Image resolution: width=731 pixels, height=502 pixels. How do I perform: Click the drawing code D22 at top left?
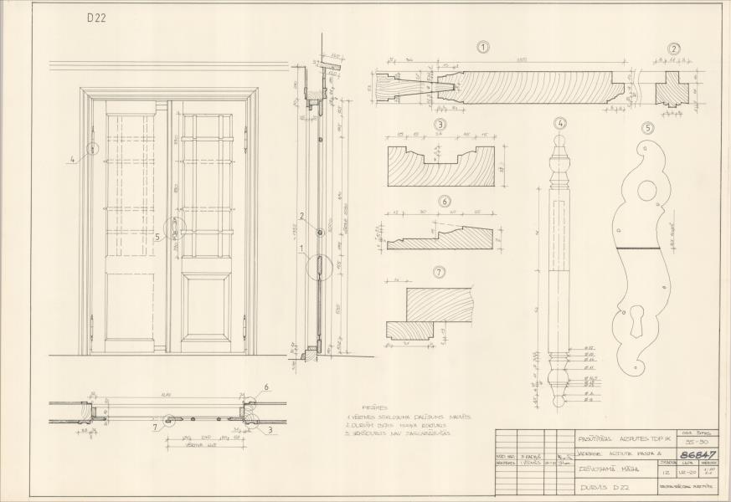click(x=96, y=17)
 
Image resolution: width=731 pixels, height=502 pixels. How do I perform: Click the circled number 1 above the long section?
click(x=483, y=48)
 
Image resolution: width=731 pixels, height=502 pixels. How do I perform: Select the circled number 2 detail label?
click(x=674, y=49)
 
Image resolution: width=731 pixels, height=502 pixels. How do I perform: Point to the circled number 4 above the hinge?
click(x=560, y=124)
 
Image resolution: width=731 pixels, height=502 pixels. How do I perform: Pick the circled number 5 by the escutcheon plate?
click(x=646, y=128)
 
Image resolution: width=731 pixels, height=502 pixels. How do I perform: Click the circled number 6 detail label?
click(x=445, y=201)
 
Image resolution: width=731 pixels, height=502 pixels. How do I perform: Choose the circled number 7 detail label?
click(x=440, y=273)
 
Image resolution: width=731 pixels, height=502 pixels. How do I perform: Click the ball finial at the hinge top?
click(x=560, y=147)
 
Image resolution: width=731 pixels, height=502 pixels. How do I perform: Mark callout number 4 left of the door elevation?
click(x=73, y=157)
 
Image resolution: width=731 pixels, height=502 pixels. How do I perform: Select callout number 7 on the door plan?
click(x=156, y=428)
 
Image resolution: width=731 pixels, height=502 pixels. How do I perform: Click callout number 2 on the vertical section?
click(x=302, y=216)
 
